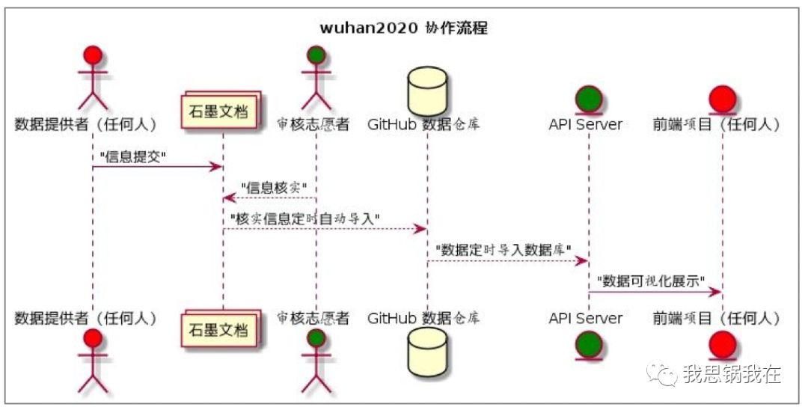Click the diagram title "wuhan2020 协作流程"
(x=404, y=28)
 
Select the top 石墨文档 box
(x=223, y=113)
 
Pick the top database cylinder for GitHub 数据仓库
(x=427, y=91)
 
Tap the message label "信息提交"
(x=132, y=155)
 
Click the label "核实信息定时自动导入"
(x=306, y=218)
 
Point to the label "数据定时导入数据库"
(x=504, y=248)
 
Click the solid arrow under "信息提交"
(x=157, y=166)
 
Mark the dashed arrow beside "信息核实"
(x=269, y=198)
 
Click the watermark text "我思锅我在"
(x=731, y=374)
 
